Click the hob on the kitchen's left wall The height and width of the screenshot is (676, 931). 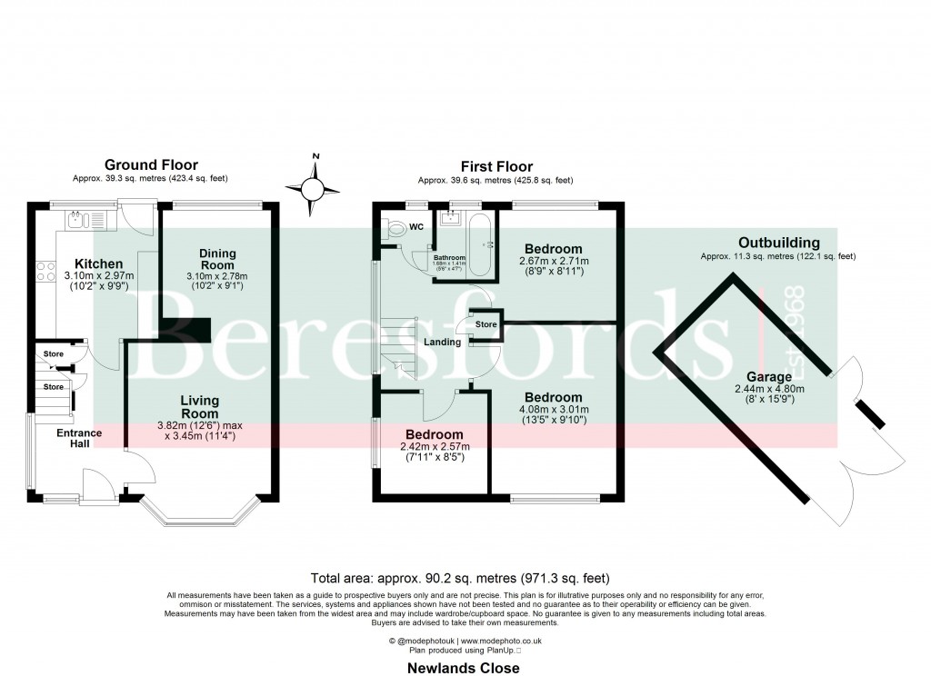pos(45,272)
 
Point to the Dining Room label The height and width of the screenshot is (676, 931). pos(217,259)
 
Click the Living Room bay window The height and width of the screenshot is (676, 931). pos(201,519)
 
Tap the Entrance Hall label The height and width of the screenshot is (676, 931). pos(78,439)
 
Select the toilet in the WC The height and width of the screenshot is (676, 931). pos(394,230)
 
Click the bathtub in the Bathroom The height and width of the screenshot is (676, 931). pos(481,244)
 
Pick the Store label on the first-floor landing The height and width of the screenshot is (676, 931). pos(486,324)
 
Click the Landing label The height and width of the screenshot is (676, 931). pos(442,343)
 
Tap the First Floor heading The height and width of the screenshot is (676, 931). pos(496,166)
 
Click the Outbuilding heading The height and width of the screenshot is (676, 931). pos(778,243)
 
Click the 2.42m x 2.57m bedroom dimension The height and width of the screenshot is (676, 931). pos(435,447)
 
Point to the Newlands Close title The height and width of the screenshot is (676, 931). pos(464,668)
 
